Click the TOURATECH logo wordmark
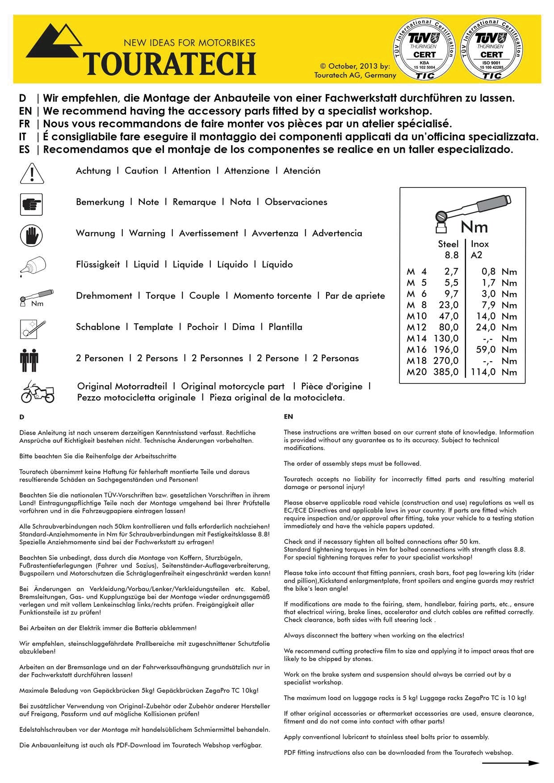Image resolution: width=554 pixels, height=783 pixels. click(x=170, y=63)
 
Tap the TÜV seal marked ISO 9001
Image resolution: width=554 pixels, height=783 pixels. click(x=491, y=50)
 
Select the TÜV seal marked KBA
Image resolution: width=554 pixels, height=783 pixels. click(x=424, y=50)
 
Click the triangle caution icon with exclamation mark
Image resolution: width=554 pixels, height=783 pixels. click(x=32, y=173)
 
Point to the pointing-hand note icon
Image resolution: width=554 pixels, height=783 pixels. click(x=31, y=204)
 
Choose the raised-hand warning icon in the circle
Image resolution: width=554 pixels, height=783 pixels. click(x=31, y=235)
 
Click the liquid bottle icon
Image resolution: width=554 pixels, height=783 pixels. click(x=32, y=267)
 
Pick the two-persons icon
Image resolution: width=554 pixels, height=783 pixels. click(x=29, y=360)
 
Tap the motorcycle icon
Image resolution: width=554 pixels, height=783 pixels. click(x=38, y=391)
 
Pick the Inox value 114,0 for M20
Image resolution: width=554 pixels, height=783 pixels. click(x=483, y=372)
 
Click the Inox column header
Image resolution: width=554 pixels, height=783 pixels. click(x=480, y=244)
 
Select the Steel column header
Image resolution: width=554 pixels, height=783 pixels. click(x=448, y=244)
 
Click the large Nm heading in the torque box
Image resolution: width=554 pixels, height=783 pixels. click(x=474, y=227)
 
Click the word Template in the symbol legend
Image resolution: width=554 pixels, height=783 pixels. click(x=153, y=327)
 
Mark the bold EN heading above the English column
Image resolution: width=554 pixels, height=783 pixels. click(x=288, y=416)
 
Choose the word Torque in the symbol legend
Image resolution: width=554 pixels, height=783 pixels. click(x=160, y=296)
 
